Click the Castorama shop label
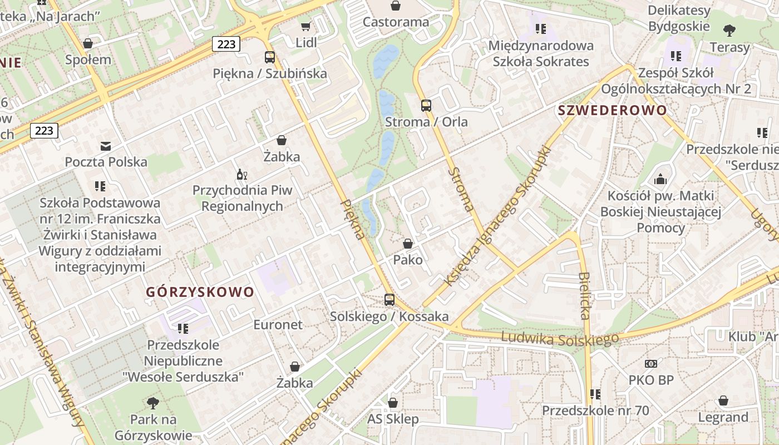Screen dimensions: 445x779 coord(396,22)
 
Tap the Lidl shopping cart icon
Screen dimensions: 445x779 coord(305,26)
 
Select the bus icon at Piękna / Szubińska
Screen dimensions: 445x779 coord(270,57)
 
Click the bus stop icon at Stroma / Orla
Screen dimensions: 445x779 coord(426,105)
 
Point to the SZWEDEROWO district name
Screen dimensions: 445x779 coord(612,110)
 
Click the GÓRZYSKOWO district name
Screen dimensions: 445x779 coord(200,292)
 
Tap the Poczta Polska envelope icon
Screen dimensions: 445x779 coord(106,146)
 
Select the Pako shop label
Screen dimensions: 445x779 coord(408,260)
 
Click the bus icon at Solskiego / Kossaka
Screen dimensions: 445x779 coord(389,300)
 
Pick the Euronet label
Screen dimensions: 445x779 coord(278,325)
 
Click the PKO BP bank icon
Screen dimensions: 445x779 coord(651,364)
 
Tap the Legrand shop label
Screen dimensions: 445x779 coord(723,417)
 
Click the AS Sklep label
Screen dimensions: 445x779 coord(393,419)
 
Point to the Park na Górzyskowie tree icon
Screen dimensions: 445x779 coord(153,403)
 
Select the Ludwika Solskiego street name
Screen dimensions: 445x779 coord(559,338)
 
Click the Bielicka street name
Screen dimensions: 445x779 coord(583,295)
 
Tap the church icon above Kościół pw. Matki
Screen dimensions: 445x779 coord(660,179)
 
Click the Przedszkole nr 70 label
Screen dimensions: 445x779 coord(595,411)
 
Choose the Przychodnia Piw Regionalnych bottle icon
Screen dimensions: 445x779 coord(242,175)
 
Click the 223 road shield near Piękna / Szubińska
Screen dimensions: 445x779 coord(226,44)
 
